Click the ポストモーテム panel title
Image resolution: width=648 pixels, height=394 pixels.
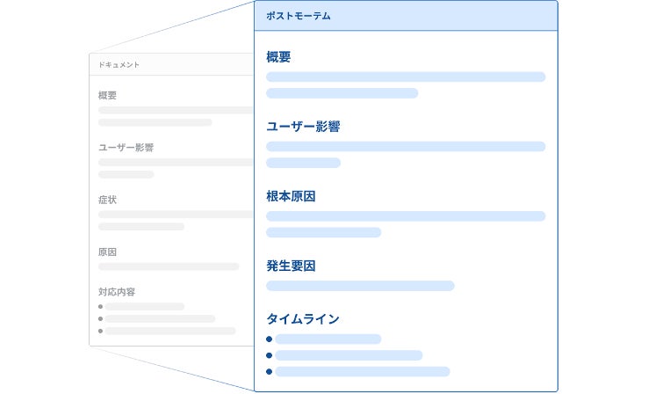(x=299, y=16)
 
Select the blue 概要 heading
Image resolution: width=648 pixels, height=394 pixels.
(x=278, y=57)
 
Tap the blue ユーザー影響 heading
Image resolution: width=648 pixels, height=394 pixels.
(x=303, y=127)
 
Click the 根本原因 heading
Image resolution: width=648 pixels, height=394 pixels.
(x=291, y=196)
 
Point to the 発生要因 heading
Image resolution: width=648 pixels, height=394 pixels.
(x=291, y=266)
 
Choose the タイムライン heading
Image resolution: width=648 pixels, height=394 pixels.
(x=303, y=318)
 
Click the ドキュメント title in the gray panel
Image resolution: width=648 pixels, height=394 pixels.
(x=119, y=65)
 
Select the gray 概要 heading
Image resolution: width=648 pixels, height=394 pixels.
(x=108, y=95)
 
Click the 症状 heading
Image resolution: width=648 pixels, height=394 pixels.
(x=108, y=200)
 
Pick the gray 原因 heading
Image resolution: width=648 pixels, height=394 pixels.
(x=108, y=252)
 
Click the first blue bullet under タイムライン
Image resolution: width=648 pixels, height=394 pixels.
(x=270, y=339)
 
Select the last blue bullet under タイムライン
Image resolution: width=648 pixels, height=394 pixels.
(x=270, y=372)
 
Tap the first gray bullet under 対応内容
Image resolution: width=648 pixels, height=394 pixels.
(x=101, y=306)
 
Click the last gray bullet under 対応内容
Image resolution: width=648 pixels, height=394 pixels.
(x=101, y=331)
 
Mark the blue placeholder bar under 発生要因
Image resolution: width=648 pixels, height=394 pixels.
(x=360, y=286)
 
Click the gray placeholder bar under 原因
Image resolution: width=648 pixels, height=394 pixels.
(x=169, y=266)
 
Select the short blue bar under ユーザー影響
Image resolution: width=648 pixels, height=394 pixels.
(x=303, y=163)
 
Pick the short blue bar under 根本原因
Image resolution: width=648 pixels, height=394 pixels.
(x=323, y=232)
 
